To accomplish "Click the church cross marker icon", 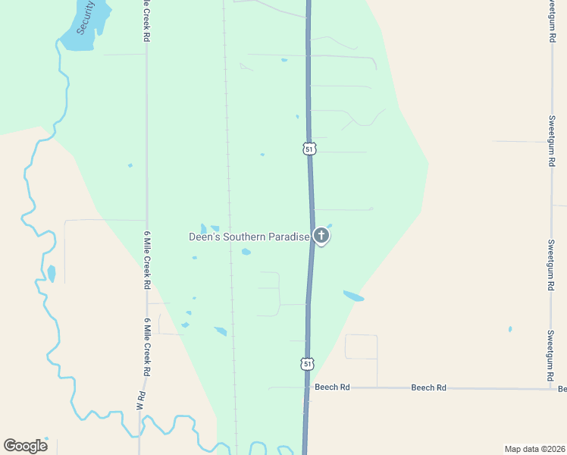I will click(x=321, y=236).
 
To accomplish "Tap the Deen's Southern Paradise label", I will click(x=249, y=237).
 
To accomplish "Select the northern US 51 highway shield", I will click(x=309, y=149).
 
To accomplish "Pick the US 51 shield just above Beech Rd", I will click(x=307, y=364).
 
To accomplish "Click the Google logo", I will click(x=25, y=445).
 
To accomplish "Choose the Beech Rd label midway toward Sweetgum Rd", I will click(x=428, y=388).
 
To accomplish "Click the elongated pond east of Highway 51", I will click(x=353, y=296).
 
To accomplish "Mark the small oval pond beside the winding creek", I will click(x=52, y=273).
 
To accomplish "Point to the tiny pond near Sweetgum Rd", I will click(x=510, y=329).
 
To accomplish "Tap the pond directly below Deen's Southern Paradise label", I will click(x=246, y=252).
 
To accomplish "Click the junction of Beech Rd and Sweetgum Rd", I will click(x=552, y=389).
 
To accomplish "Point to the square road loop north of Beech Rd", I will click(x=361, y=347).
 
